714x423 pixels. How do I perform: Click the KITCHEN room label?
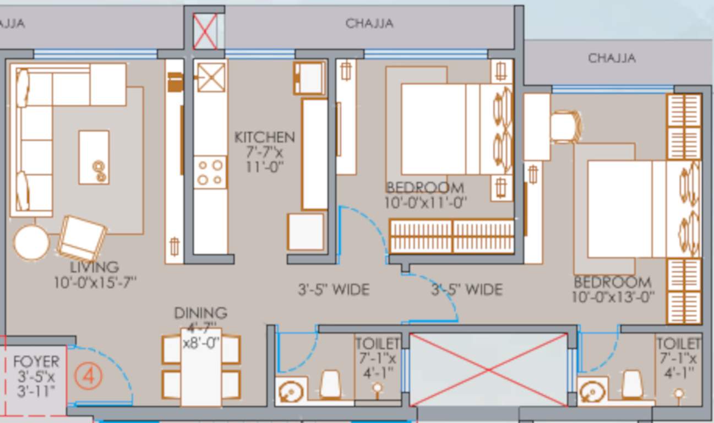pyautogui.click(x=264, y=137)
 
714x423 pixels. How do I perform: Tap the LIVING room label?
pyautogui.click(x=95, y=267)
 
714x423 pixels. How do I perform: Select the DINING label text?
pyautogui.click(x=201, y=313)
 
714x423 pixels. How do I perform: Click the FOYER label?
pyautogui.click(x=36, y=362)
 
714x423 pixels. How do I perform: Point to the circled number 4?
pyautogui.click(x=88, y=377)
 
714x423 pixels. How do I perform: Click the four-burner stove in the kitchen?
pyautogui.click(x=210, y=172)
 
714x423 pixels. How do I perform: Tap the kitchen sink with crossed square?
pyautogui.click(x=211, y=77)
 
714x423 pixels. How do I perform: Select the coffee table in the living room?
pyautogui.click(x=94, y=157)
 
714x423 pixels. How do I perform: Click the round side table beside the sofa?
pyautogui.click(x=31, y=243)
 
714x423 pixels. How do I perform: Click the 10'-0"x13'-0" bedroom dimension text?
pyautogui.click(x=613, y=297)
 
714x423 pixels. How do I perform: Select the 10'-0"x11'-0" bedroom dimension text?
pyautogui.click(x=426, y=202)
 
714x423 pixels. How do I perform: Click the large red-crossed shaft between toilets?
pyautogui.click(x=489, y=369)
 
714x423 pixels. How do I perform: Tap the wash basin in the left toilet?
pyautogui.click(x=290, y=392)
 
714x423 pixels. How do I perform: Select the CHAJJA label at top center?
pyautogui.click(x=369, y=23)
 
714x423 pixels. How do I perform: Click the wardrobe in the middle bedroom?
pyautogui.click(x=451, y=236)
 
